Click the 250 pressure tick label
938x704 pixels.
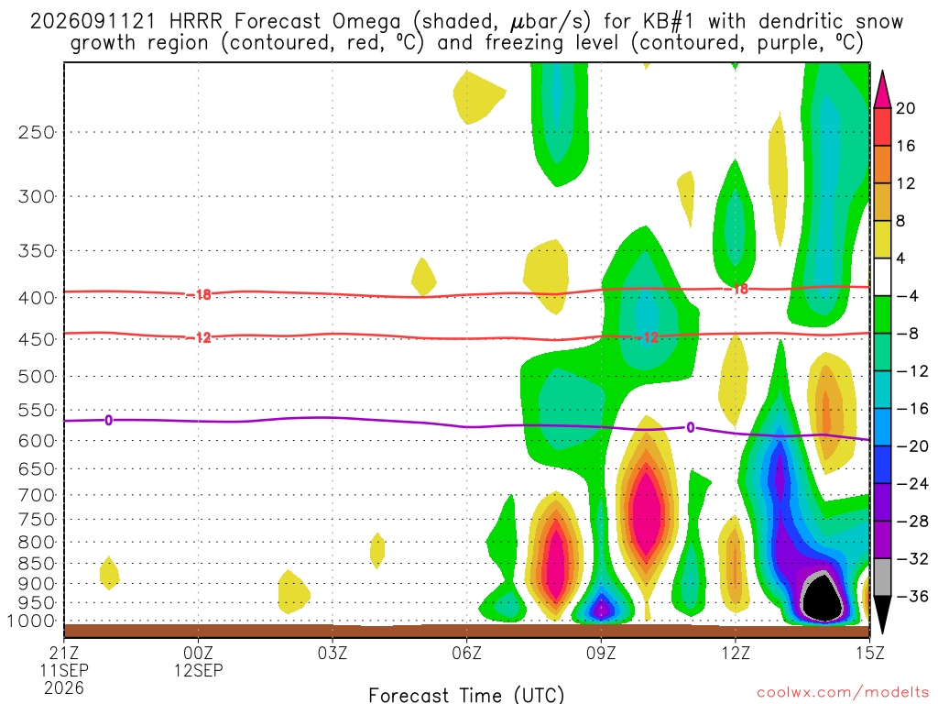pos(37,132)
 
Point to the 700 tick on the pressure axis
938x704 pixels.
pos(37,495)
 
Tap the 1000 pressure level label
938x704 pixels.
pos(32,621)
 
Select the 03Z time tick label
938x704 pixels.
pos(332,653)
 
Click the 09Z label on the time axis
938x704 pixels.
pos(601,653)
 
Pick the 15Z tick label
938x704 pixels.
pos(869,653)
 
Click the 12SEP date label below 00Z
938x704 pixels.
pos(198,670)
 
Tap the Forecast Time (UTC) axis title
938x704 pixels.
pos(466,695)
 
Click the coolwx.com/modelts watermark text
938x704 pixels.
pos(843,693)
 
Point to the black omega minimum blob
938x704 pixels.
pos(822,599)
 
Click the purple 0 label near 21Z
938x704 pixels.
pos(108,420)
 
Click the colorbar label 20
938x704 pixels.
pos(906,108)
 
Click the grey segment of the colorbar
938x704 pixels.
pos(882,577)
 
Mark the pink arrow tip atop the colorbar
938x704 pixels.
pos(882,71)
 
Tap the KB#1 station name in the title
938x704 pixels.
pos(669,22)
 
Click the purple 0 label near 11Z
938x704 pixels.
pos(691,427)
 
